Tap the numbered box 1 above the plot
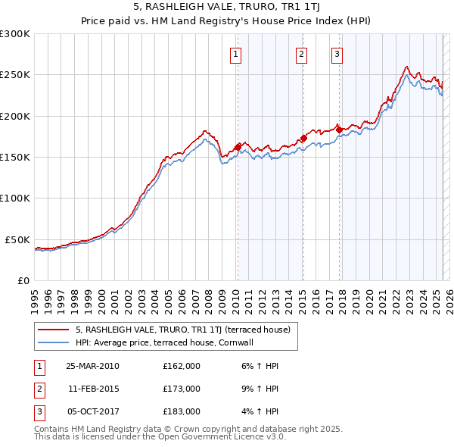coord(236,54)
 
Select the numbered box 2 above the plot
coord(301,54)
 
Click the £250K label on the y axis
coord(15,75)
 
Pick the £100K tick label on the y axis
coord(15,198)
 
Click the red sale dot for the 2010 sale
coord(238,146)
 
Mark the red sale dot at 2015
coord(303,138)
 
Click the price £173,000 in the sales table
coord(182,389)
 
